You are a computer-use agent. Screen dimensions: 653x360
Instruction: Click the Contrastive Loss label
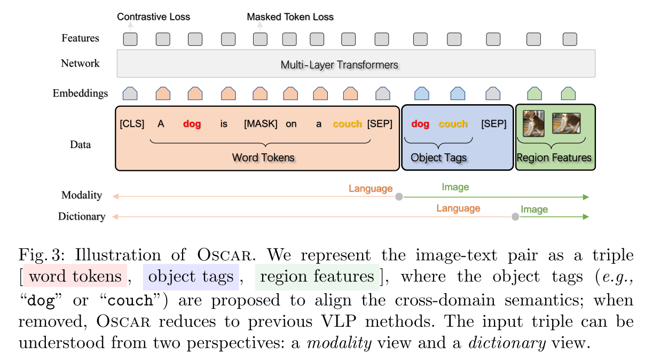tap(153, 17)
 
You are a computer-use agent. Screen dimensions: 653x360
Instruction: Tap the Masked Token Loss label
tap(290, 17)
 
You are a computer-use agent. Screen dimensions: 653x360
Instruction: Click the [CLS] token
tap(132, 124)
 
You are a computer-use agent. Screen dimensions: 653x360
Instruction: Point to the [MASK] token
tap(261, 124)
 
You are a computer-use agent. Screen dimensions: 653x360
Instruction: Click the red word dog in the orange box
tap(192, 124)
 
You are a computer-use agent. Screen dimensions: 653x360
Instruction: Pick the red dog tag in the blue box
tap(420, 124)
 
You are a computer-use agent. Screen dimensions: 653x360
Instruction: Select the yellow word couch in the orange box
tap(347, 124)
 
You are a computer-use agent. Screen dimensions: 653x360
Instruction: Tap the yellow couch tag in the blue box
tap(453, 124)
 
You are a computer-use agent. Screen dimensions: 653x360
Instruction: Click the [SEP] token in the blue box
tap(493, 124)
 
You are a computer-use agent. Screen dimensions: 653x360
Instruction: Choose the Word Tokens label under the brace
tap(263, 158)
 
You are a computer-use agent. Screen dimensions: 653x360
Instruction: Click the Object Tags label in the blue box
tap(438, 158)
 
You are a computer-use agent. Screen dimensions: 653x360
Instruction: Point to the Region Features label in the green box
tap(554, 158)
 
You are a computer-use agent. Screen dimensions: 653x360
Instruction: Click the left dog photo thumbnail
tap(533, 123)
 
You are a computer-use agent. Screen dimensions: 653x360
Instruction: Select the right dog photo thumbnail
tap(566, 123)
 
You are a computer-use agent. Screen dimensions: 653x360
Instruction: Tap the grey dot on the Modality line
tap(398, 197)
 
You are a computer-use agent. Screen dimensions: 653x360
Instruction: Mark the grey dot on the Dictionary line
tap(515, 216)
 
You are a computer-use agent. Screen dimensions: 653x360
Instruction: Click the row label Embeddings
tap(80, 93)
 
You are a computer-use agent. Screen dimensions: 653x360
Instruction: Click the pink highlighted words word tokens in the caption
tap(75, 276)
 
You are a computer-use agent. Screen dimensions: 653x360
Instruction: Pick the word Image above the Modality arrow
tap(455, 187)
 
